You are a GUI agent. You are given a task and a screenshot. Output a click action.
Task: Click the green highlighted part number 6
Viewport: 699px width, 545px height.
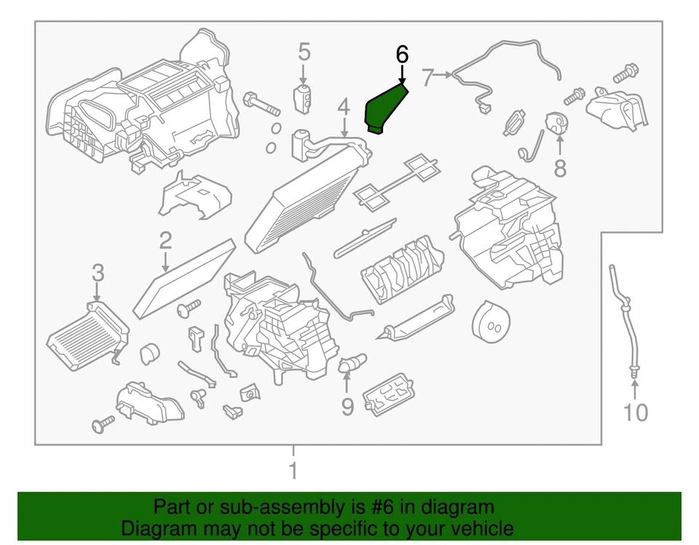[x=383, y=108]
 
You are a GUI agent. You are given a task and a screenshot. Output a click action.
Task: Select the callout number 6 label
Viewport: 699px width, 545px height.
[x=402, y=54]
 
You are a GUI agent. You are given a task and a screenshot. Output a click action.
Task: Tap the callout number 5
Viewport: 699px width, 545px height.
[x=304, y=52]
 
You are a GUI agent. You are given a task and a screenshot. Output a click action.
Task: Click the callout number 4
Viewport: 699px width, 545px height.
[x=343, y=108]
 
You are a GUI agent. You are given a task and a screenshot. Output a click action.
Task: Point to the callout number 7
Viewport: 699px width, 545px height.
[x=427, y=74]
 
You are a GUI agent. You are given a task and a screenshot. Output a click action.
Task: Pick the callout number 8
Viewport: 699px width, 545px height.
[x=559, y=168]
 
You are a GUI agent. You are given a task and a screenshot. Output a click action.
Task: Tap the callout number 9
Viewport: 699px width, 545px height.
[x=347, y=406]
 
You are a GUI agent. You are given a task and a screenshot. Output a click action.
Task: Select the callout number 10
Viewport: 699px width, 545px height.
[x=635, y=413]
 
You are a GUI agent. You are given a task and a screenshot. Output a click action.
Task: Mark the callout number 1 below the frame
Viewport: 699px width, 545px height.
[x=293, y=471]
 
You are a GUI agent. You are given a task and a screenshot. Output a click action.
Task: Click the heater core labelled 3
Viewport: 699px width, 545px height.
[x=85, y=332]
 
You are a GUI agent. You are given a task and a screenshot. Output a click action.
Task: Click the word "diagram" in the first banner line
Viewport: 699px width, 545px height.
[x=458, y=507]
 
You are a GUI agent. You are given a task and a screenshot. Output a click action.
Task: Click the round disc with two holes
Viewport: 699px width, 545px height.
[x=491, y=321]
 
